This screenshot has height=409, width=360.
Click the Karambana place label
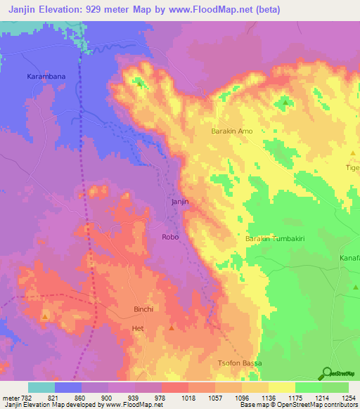pyautogui.click(x=46, y=74)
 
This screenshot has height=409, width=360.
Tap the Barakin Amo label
pyautogui.click(x=232, y=131)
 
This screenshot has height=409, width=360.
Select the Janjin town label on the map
pyautogui.click(x=180, y=202)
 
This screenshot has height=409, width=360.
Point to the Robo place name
pyautogui.click(x=171, y=237)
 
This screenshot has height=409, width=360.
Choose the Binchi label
pyautogui.click(x=143, y=309)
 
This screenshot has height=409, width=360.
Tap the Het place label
pyautogui.click(x=138, y=328)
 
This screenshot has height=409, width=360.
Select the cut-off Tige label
pyautogui.click(x=352, y=168)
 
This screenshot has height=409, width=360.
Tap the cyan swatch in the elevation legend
pyautogui.click(x=41, y=387)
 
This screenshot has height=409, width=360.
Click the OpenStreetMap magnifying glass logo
pyautogui.click(x=326, y=374)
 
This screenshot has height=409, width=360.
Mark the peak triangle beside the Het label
pyautogui.click(x=172, y=327)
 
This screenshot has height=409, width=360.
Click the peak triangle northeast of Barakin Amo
pyautogui.click(x=285, y=103)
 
